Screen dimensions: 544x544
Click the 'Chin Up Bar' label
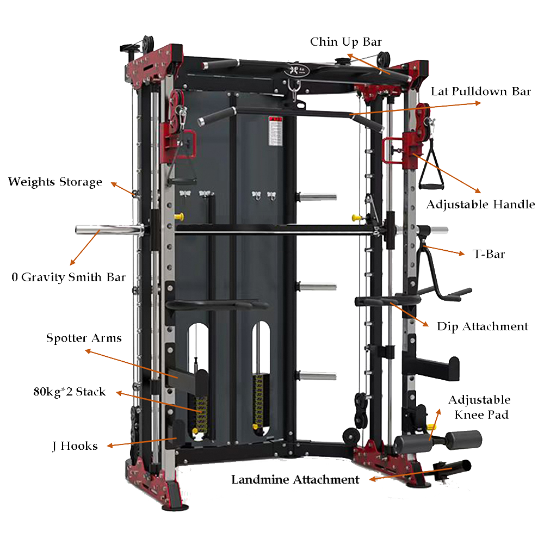pos(346,42)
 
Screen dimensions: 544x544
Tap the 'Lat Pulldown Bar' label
pos(480,91)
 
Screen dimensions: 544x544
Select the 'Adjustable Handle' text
pos(480,205)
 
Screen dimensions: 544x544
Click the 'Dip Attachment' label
pos(483,326)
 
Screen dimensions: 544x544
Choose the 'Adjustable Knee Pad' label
pos(479,407)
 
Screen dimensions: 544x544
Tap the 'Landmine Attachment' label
pos(295,480)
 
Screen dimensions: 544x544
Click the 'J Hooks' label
pos(75,446)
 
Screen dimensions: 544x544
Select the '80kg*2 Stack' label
pos(69,392)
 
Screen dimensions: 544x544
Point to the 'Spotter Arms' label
pos(84,338)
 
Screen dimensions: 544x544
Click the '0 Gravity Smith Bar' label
pos(69,277)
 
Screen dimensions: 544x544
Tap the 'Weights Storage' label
pos(55,182)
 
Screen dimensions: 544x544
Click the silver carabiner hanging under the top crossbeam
pos(295,89)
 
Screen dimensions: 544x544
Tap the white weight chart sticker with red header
pos(276,130)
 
